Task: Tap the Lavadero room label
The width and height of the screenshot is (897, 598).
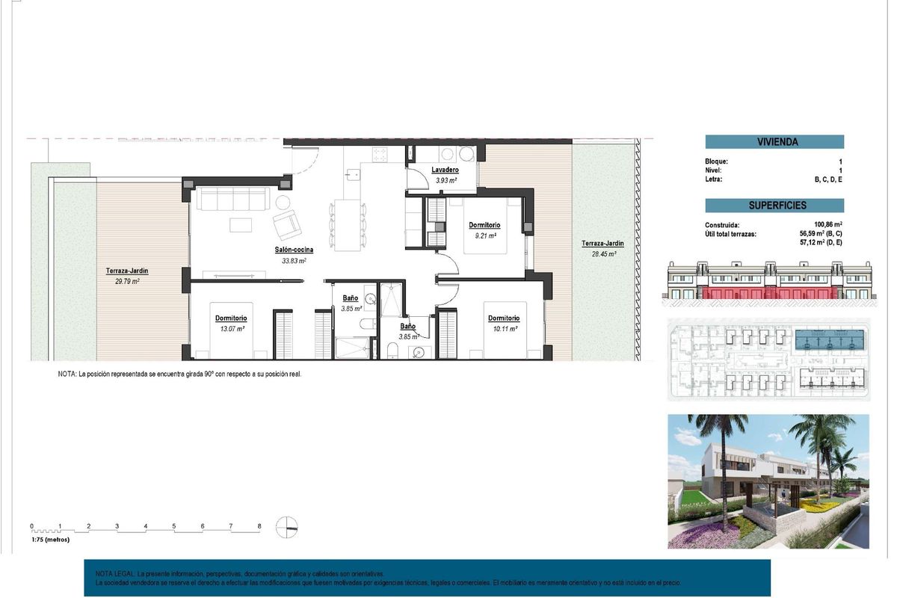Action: [445, 170]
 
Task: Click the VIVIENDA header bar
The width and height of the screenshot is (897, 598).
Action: [774, 142]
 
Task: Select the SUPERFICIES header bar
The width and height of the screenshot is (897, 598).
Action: [774, 206]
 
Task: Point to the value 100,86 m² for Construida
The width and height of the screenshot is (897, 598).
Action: [828, 225]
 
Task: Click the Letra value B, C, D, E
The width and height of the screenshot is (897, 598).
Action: [828, 179]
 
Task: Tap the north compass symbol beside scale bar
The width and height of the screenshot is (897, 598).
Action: [286, 527]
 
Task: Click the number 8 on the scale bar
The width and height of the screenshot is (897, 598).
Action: [259, 526]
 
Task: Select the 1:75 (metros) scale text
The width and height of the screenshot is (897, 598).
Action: [50, 539]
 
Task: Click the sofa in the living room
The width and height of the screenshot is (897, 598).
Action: [232, 199]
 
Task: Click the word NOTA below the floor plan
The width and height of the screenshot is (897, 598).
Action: [67, 374]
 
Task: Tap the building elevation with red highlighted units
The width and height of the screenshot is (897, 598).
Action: [768, 282]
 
